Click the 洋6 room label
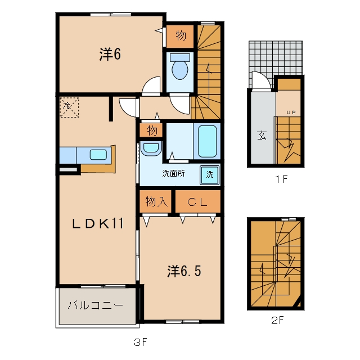tap(110, 54)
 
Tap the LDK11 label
tap(98, 223)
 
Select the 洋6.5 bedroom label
tap(184, 271)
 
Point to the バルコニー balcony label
tap(96, 305)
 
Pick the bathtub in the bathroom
tap(207, 141)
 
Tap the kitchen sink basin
tap(98, 155)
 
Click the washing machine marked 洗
tap(210, 175)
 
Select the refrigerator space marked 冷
tap(69, 107)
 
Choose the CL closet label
tap(197, 202)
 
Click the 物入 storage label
tap(156, 201)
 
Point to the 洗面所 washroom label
tap(173, 173)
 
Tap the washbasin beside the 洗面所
tap(151, 148)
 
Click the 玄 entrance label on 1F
tap(262, 135)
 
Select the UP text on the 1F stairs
tap(291, 112)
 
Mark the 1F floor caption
tap(281, 179)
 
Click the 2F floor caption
tap(277, 320)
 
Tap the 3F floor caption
tap(141, 343)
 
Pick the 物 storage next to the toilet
tap(181, 36)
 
